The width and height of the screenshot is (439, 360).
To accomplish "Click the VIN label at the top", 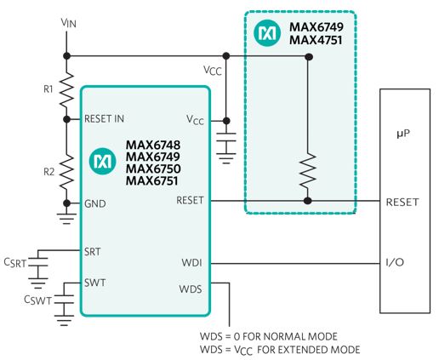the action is [69, 23].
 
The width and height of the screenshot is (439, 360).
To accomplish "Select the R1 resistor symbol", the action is [66, 89].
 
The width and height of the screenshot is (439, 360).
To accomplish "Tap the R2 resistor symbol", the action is [66, 173].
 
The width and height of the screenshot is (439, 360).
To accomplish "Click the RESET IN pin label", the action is [104, 118].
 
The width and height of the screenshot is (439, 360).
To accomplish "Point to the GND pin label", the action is [95, 203].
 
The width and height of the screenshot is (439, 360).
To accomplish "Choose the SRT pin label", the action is [93, 252].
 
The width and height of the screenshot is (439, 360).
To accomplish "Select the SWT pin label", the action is [94, 283].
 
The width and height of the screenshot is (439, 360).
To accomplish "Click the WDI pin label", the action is [192, 262].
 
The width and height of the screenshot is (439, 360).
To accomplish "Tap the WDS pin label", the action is [191, 289].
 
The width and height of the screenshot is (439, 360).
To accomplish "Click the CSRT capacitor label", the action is [15, 263].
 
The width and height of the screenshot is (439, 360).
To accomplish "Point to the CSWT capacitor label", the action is [38, 300].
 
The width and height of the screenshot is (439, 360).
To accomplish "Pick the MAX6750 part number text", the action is [153, 169].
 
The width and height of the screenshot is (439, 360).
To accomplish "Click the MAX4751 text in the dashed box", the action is [316, 40].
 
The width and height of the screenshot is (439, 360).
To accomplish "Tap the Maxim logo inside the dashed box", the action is [267, 33].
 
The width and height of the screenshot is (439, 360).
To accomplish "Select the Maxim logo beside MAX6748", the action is [102, 161].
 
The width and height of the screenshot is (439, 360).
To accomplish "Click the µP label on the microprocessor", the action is [403, 134].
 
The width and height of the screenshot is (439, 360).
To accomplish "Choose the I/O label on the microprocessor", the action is [395, 262].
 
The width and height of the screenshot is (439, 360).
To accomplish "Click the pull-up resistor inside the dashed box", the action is [308, 170].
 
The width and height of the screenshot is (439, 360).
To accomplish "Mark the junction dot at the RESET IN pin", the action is [66, 119].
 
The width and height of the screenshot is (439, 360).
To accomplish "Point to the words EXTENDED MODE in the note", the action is [319, 350].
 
